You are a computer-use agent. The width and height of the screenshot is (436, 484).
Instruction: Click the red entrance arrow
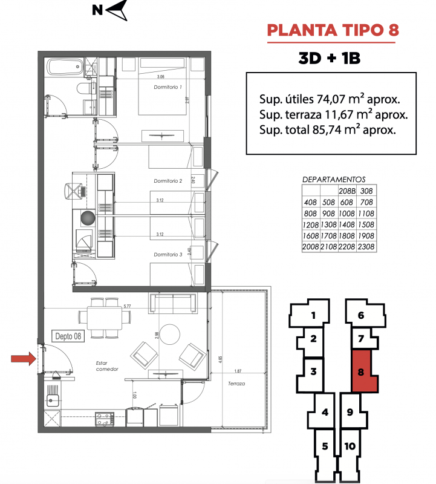(24, 359)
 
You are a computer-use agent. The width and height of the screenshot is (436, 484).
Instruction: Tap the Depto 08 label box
(68, 336)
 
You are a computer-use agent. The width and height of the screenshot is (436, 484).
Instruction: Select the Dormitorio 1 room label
(168, 87)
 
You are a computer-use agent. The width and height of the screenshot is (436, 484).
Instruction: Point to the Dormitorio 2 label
(168, 181)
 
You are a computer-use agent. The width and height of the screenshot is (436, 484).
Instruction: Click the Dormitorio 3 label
(168, 254)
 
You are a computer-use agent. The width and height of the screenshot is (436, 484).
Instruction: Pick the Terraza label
(236, 384)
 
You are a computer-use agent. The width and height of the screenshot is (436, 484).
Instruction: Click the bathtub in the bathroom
(65, 67)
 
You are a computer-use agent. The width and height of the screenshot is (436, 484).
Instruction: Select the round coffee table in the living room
(170, 335)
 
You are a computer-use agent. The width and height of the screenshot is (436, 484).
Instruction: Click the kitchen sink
(53, 401)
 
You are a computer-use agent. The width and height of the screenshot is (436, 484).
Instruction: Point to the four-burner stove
(104, 419)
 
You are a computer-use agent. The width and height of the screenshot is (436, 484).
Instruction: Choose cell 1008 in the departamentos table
(347, 214)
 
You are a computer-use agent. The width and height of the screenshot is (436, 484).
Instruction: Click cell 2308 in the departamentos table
(366, 247)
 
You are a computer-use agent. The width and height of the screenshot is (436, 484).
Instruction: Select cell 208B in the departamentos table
(347, 191)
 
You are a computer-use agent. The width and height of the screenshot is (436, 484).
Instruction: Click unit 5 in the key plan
(325, 446)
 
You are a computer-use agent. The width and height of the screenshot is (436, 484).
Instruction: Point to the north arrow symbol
(117, 10)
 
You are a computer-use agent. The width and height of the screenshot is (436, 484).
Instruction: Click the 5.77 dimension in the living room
(127, 306)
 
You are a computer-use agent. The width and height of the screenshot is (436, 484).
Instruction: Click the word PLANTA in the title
(302, 31)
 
